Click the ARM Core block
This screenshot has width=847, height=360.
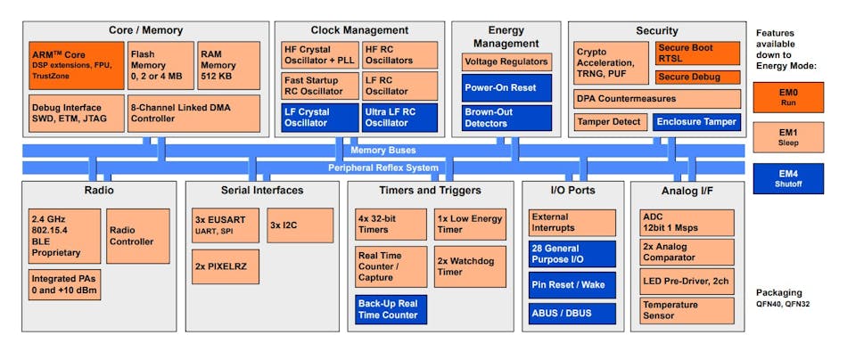(76, 65)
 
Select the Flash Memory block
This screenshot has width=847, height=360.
(160, 65)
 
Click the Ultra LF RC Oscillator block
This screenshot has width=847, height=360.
(399, 117)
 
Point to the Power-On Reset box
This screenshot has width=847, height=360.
(506, 89)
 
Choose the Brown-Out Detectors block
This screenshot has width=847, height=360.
(506, 118)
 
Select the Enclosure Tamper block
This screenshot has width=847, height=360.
(696, 121)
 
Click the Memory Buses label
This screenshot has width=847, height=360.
(382, 151)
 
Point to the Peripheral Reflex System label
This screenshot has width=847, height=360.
(382, 168)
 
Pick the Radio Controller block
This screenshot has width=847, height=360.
(137, 235)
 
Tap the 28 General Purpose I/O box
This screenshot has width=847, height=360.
(572, 254)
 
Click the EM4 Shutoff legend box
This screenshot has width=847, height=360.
(788, 177)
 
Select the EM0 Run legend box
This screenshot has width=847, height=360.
(788, 97)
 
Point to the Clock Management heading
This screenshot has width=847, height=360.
(359, 30)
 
